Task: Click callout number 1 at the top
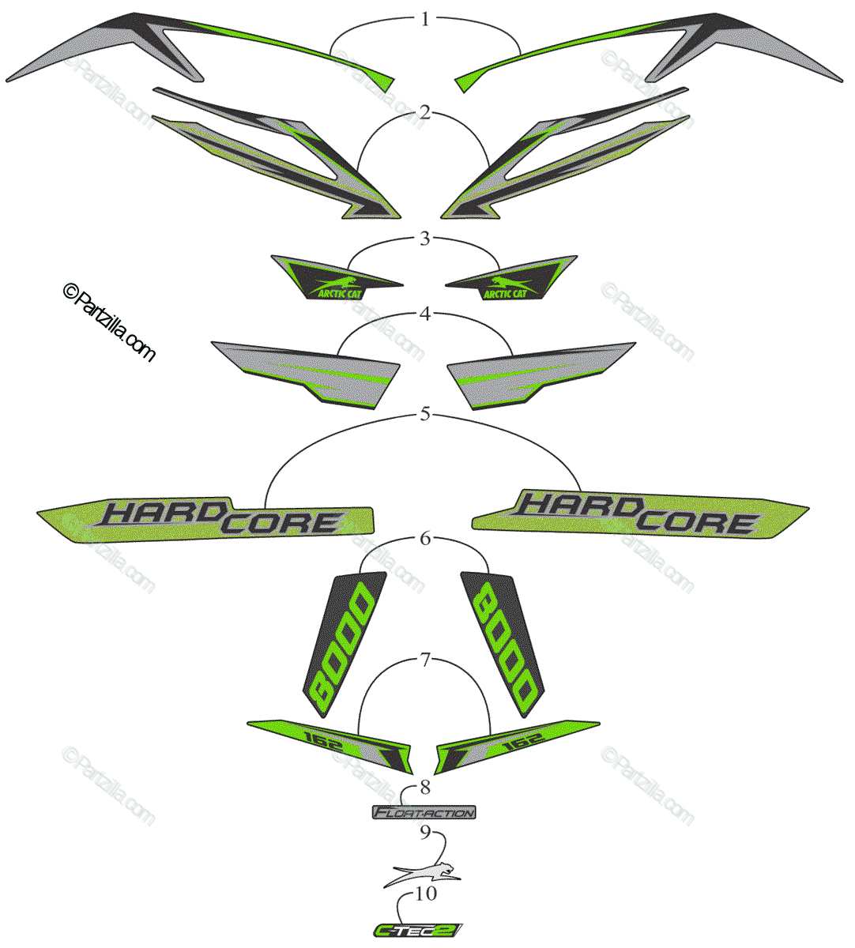coord(425,19)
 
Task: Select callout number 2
coord(425,112)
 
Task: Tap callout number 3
coord(425,238)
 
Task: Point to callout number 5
coord(425,413)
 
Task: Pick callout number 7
coord(425,660)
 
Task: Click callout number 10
coord(425,893)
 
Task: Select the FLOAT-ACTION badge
coord(424,812)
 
